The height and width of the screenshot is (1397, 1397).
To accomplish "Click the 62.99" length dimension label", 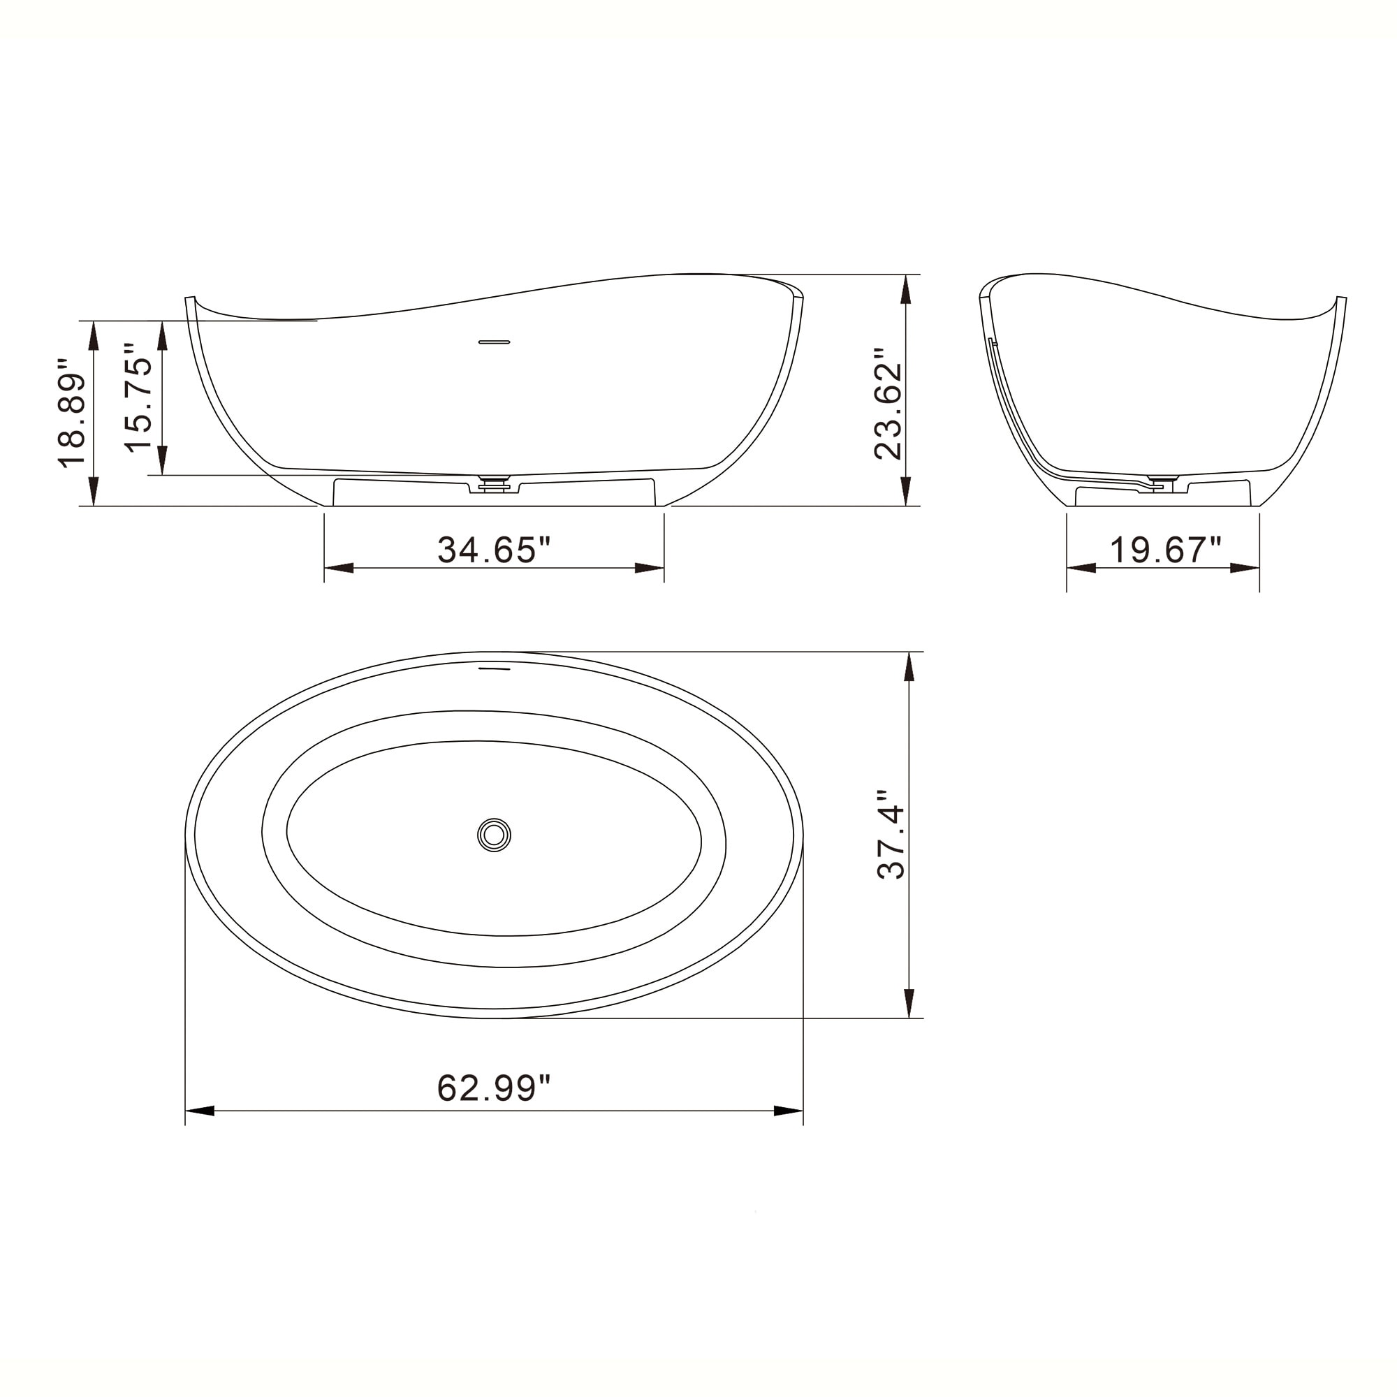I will tap(494, 1088).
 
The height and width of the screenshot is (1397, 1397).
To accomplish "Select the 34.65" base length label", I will tap(494, 550).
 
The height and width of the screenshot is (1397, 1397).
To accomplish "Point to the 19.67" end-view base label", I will tap(1165, 550).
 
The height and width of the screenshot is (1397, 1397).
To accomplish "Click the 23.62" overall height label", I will tap(888, 404).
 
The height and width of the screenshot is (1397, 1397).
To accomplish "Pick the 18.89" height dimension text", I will tap(74, 412).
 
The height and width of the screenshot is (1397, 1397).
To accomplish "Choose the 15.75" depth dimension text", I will tap(140, 397).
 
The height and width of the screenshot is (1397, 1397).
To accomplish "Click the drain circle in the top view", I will tap(494, 835).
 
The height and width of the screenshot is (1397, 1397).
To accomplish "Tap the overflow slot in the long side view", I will tap(495, 342).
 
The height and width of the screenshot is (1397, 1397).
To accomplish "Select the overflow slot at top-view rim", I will tap(495, 669).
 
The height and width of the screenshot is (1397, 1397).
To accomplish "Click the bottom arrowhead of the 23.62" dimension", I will tap(905, 491).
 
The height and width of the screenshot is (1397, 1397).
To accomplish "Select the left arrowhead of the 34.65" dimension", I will tap(338, 569).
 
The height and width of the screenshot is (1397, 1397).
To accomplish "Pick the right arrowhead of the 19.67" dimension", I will tap(1245, 569).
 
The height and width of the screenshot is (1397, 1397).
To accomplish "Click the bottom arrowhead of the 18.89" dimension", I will tap(93, 492).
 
